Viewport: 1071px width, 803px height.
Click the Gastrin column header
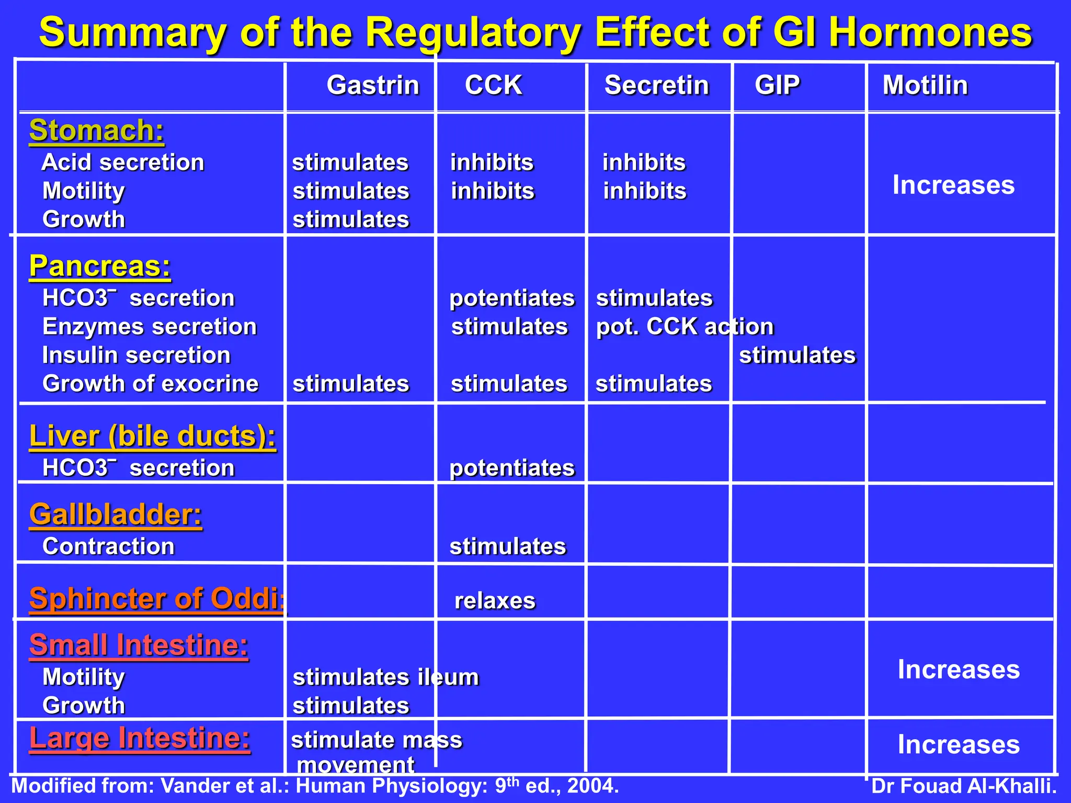(x=373, y=85)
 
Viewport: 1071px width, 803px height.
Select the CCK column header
(x=493, y=85)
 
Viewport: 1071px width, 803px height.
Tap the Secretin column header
(x=656, y=85)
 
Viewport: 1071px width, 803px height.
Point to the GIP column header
(x=777, y=85)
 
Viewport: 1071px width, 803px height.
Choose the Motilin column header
(x=925, y=85)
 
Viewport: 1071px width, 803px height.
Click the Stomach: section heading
(x=97, y=130)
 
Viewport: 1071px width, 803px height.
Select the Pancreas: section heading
(x=100, y=266)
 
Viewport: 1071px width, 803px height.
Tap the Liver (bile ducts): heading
(x=152, y=436)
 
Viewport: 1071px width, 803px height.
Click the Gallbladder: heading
(x=116, y=514)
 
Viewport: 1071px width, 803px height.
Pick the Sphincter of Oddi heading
(x=157, y=599)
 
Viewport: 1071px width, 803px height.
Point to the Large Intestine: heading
(x=140, y=738)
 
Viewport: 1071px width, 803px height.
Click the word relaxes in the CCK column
(x=495, y=601)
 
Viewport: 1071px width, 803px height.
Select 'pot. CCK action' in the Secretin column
(x=685, y=327)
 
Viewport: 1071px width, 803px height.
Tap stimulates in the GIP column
(x=797, y=355)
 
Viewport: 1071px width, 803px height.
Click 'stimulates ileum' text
(x=385, y=678)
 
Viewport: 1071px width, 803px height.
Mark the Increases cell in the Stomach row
(x=953, y=185)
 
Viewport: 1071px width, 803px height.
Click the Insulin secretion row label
(x=136, y=355)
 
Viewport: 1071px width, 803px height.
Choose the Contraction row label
(x=108, y=547)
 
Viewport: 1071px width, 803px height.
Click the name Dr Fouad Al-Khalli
(x=964, y=786)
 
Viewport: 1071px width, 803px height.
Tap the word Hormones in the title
(x=930, y=32)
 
